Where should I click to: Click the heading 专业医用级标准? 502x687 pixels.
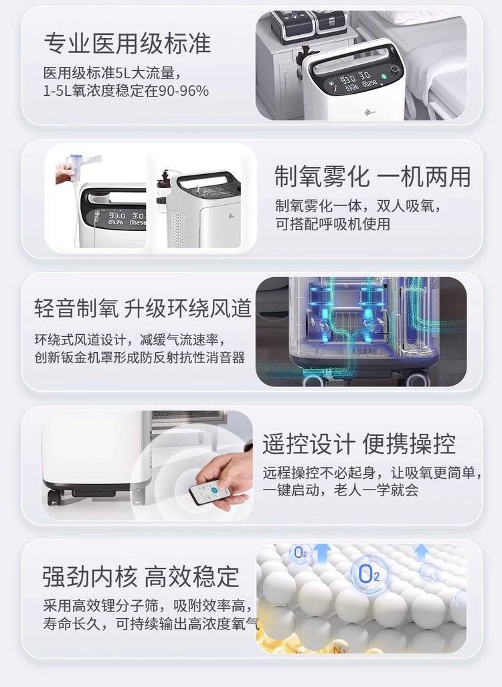[127, 44]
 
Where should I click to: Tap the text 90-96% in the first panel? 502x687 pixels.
[183, 90]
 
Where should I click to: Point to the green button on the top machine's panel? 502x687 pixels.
[384, 77]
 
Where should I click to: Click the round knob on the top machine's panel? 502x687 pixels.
[395, 70]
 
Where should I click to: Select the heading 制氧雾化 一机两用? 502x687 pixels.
[372, 177]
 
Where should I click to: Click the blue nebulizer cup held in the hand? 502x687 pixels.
[76, 162]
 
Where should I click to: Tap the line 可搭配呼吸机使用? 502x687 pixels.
[333, 224]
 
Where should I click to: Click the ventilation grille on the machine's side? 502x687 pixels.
[177, 228]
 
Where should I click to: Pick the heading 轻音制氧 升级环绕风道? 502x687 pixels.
[143, 308]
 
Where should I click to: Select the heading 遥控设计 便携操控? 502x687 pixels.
[359, 443]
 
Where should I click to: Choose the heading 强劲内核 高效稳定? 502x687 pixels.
[141, 576]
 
